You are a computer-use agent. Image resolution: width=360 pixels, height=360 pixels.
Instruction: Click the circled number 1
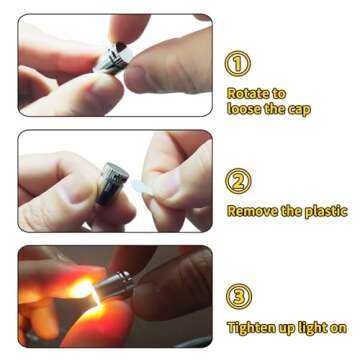238,63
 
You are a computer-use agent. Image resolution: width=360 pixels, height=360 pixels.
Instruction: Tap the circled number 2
238,181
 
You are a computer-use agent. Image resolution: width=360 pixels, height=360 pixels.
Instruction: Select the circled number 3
239,296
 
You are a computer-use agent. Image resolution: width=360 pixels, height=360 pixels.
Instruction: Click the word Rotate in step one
247,94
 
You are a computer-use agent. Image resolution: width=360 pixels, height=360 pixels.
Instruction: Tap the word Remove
252,211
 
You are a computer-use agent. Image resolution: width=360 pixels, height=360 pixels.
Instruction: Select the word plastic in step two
326,212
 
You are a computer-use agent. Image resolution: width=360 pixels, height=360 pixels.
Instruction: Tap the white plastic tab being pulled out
142,186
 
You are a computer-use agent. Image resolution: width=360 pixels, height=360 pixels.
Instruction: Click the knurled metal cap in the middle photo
112,183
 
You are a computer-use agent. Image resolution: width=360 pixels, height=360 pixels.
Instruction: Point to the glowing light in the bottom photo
83,289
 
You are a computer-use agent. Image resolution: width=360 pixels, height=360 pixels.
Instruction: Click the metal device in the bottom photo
116,284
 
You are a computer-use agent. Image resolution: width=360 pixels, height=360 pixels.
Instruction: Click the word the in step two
291,211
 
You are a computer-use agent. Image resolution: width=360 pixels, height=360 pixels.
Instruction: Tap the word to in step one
278,94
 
